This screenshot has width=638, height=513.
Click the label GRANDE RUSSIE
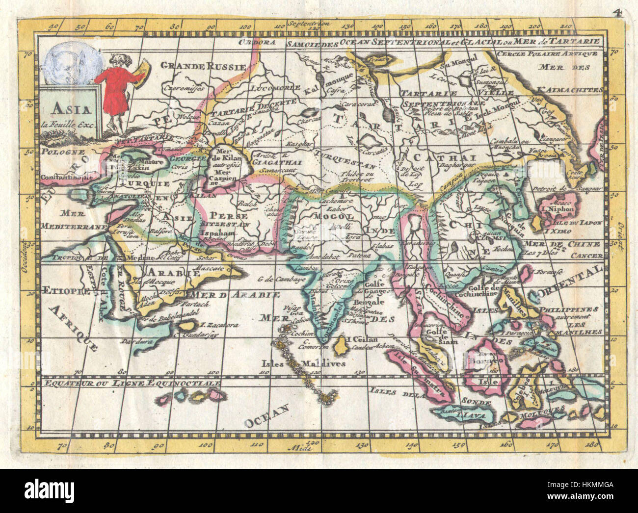tap(203, 66)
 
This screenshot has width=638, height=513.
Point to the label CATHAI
tap(444, 157)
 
